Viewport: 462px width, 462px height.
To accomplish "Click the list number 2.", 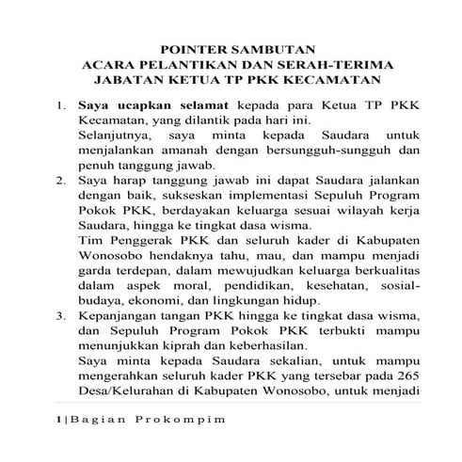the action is pos(60,177).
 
